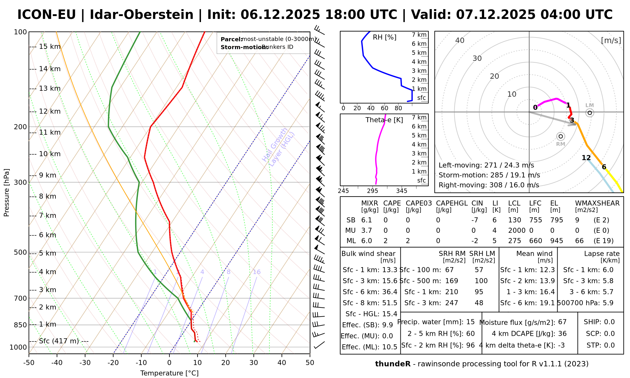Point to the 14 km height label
(x=50, y=69)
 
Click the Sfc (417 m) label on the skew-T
(x=59, y=341)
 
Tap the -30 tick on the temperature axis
(x=85, y=363)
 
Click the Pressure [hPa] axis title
(x=7, y=192)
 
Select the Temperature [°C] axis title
(x=169, y=373)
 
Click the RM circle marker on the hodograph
(x=560, y=136)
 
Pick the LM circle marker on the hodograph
(x=590, y=113)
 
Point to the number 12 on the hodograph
(x=586, y=158)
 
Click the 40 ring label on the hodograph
(x=460, y=40)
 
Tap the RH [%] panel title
(x=385, y=37)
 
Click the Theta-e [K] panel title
(x=384, y=120)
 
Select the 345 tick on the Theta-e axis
(x=402, y=191)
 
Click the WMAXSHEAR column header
(x=597, y=203)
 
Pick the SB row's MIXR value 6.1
(x=367, y=220)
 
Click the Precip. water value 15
(x=470, y=322)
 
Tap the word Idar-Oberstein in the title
(x=141, y=15)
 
